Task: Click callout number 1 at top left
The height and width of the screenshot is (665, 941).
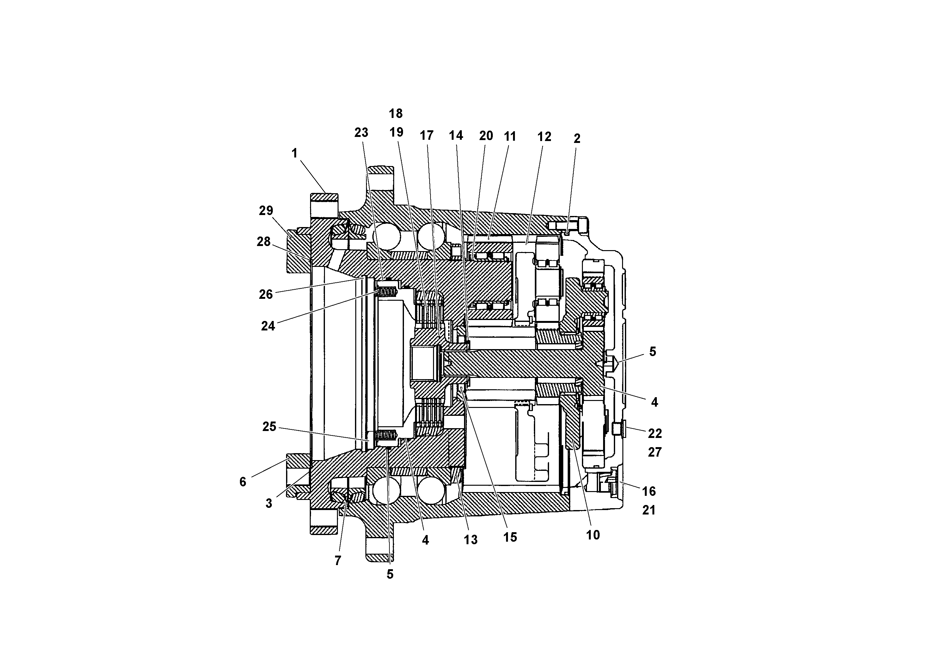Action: (294, 153)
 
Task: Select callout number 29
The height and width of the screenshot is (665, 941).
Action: (266, 211)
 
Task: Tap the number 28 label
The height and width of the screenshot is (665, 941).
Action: (264, 242)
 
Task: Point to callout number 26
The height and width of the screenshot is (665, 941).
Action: (266, 294)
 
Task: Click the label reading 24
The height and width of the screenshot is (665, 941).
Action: (268, 326)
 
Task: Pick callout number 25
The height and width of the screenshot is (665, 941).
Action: (269, 427)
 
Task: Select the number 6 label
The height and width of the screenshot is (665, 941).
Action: (243, 482)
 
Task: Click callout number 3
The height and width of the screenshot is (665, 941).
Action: (269, 504)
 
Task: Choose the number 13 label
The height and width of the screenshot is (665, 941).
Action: (470, 540)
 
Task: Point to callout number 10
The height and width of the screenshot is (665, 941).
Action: (593, 535)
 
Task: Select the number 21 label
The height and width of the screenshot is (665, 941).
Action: (648, 510)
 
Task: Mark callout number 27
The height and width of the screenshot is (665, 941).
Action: (655, 452)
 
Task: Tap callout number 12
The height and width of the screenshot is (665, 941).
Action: (544, 137)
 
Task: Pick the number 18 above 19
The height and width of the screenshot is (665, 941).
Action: (395, 114)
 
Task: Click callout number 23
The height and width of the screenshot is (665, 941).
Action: (361, 132)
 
